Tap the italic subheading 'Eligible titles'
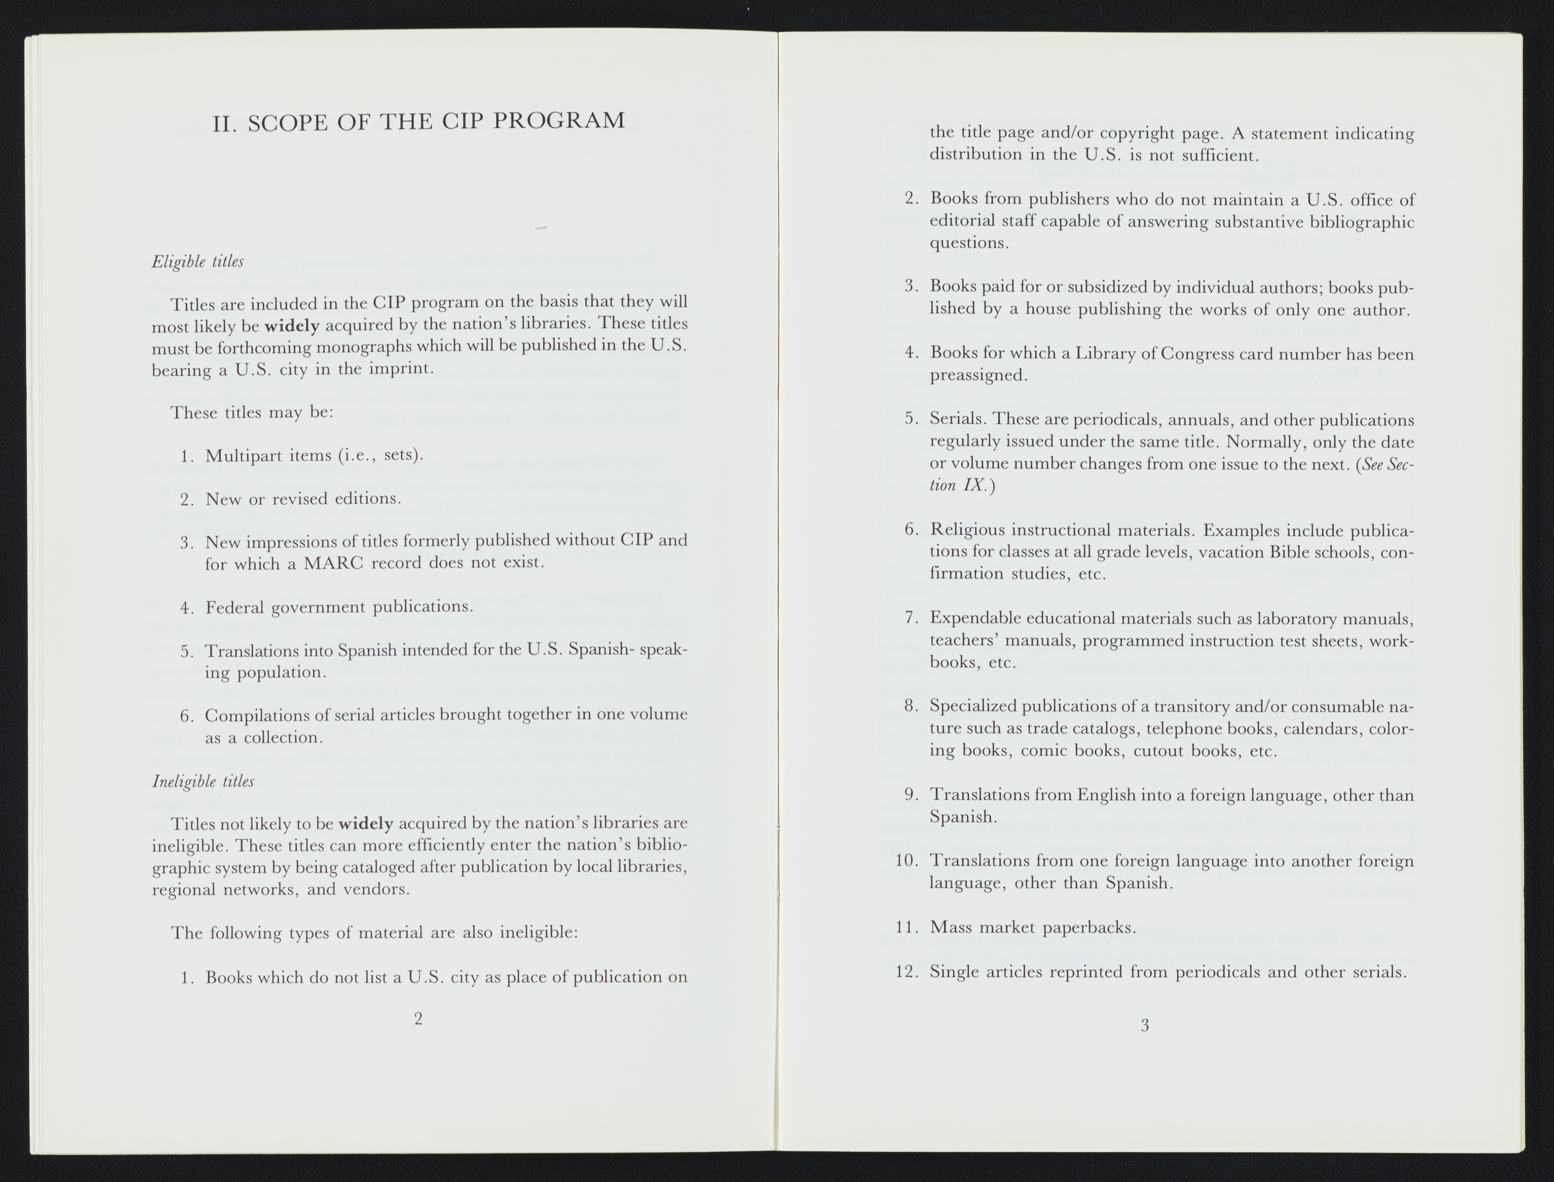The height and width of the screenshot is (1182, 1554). coord(198,262)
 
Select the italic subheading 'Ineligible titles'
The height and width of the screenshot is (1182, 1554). coord(203,781)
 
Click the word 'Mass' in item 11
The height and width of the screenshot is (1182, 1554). coord(950,927)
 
